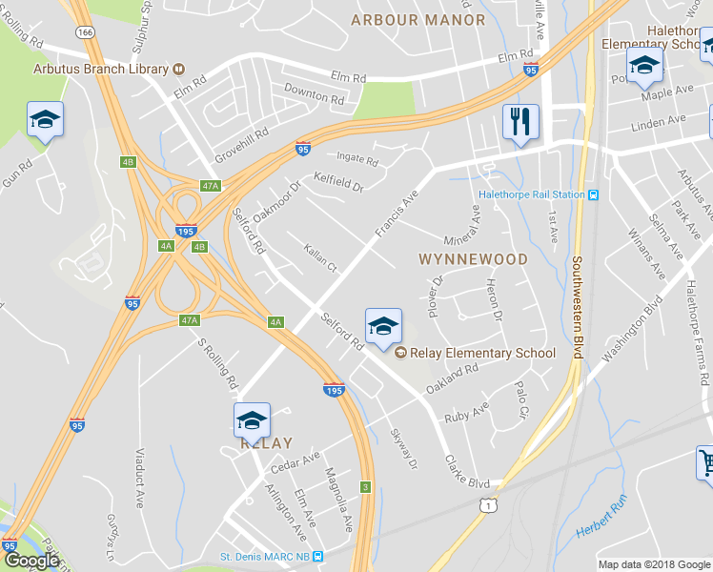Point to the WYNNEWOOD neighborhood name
(473, 259)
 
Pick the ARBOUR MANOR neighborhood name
(418, 20)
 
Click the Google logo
(31, 561)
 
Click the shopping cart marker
(705, 464)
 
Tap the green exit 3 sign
(365, 487)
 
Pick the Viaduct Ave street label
(138, 477)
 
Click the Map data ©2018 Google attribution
(654, 564)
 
